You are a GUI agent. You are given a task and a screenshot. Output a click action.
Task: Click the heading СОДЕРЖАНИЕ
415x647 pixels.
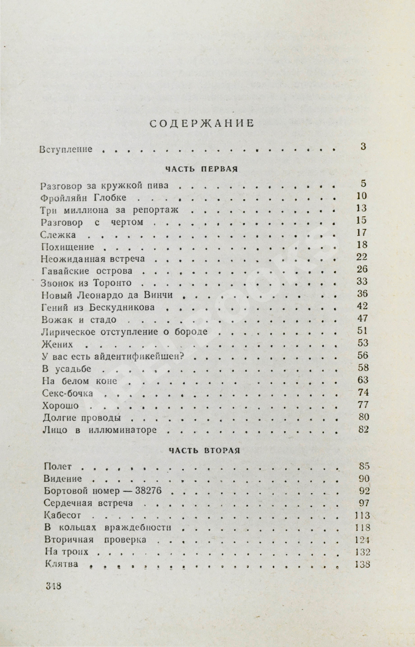point(202,123)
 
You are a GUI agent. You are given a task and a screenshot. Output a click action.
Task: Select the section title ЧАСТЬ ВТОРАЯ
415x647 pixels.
point(204,451)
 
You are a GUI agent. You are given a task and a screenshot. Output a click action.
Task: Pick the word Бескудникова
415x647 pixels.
point(122,307)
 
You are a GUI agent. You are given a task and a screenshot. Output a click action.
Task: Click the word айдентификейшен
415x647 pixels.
point(139,356)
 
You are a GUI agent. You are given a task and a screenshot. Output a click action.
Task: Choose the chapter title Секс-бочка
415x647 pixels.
point(68,393)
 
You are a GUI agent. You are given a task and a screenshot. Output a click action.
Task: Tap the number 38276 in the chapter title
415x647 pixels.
point(149,491)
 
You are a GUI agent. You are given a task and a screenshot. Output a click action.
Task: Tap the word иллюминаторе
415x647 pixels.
point(123,430)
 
